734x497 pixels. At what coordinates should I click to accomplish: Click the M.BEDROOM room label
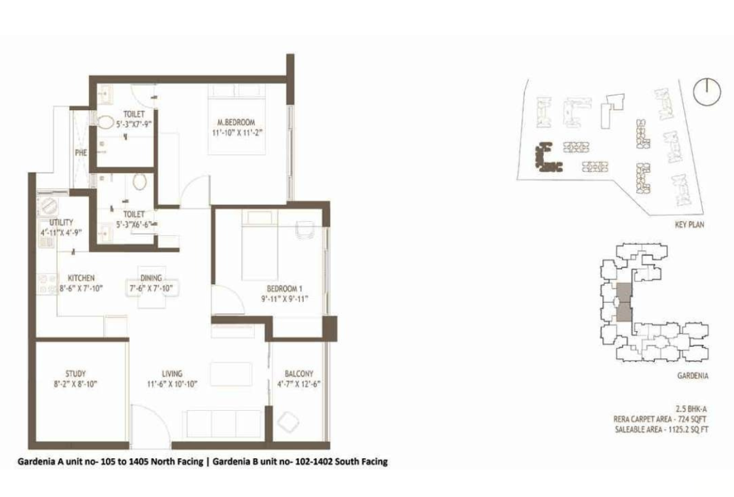pos(237,122)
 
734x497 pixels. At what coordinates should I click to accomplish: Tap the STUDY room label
pos(76,374)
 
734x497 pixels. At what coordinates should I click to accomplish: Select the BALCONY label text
pos(299,374)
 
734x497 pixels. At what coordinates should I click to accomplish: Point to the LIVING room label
pos(172,374)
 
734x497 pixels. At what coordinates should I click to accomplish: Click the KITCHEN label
pos(81,278)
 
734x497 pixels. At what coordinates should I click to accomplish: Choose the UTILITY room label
pos(61,222)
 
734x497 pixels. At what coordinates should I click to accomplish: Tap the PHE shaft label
pos(81,153)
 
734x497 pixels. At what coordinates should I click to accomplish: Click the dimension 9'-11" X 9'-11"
pos(284,299)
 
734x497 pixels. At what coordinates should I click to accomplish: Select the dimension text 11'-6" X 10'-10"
pos(172,384)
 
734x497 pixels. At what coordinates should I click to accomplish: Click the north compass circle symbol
pos(707,92)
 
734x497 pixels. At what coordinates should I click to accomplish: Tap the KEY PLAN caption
pos(689,225)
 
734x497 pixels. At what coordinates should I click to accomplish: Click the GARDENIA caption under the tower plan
pos(693,375)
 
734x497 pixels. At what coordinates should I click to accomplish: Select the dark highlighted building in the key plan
pos(546,159)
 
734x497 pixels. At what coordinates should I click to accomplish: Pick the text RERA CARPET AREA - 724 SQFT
pos(660,419)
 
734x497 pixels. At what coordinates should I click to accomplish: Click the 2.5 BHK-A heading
pos(691,409)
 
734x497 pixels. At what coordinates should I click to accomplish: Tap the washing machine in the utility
pos(48,205)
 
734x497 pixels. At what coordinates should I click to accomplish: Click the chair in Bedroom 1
pos(305,228)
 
